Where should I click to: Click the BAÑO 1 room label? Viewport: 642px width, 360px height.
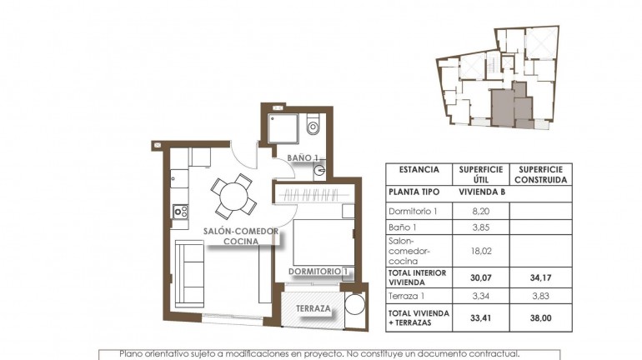click(303, 157)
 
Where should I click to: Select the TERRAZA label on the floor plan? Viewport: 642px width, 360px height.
click(314, 309)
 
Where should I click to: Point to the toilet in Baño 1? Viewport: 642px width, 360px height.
click(313, 127)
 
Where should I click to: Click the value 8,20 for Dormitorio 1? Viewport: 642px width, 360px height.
click(479, 212)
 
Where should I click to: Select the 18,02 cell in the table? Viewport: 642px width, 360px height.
click(479, 248)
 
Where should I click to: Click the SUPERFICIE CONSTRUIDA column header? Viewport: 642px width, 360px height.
click(539, 173)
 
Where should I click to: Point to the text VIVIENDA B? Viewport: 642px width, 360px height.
click(480, 192)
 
